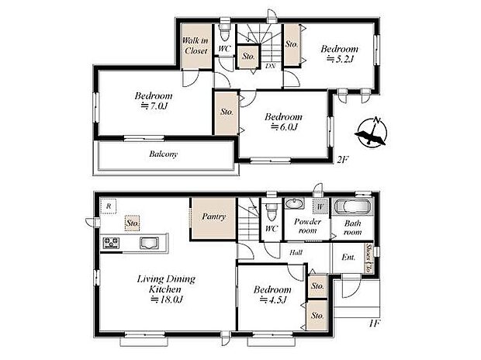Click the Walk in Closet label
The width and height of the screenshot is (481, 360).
point(196,45)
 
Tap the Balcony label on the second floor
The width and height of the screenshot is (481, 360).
point(164,154)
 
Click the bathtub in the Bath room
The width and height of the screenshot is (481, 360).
point(353,208)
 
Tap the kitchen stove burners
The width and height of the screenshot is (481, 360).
point(109,244)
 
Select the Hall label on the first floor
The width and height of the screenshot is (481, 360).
point(296,253)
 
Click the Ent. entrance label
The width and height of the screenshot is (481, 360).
point(348,257)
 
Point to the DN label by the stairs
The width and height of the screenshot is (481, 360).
point(271,66)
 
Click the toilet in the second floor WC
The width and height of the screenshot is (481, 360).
point(223,35)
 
